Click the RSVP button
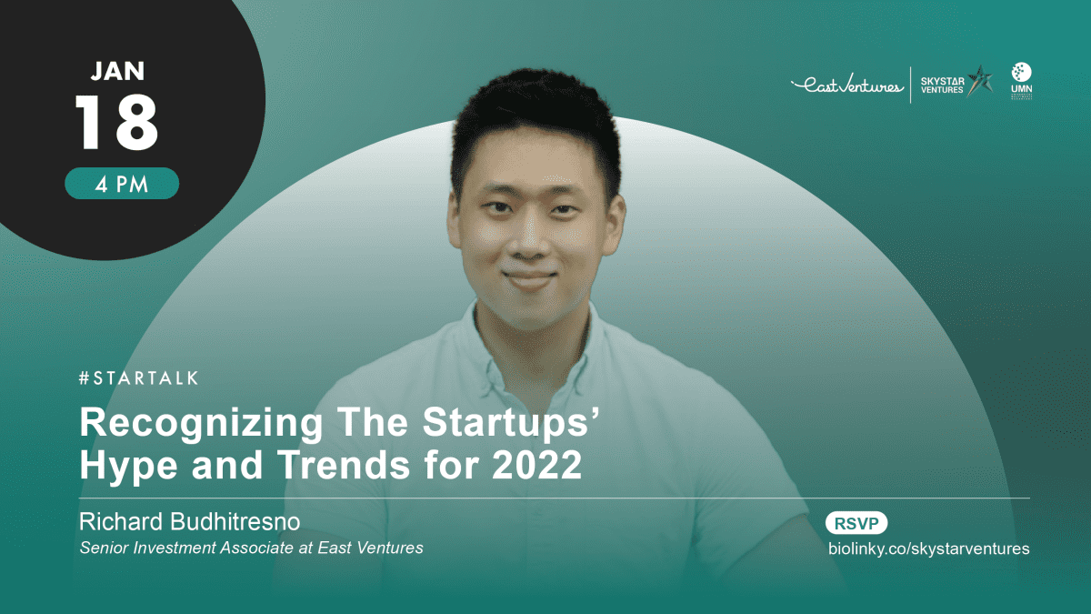coord(856,523)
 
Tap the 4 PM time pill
coord(122,183)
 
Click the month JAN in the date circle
coord(117,71)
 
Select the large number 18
coord(116,122)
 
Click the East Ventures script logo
coord(847,85)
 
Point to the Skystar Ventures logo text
coord(942,86)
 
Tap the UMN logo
coord(1021,81)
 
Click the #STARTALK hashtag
coord(139,378)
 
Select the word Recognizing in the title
coord(201,423)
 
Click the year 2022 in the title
coord(536,465)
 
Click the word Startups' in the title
coord(510,423)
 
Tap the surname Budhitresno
coord(235,521)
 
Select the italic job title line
coord(251,548)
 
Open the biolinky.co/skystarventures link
coord(929,549)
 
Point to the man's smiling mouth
coord(530,280)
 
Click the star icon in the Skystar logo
coord(979,81)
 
